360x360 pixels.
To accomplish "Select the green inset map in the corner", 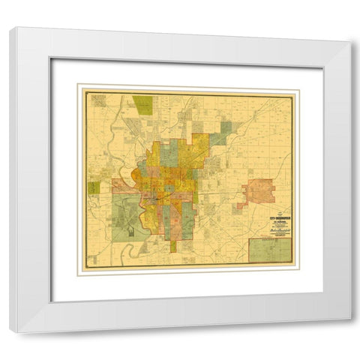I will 270,249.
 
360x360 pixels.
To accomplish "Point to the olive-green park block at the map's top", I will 142,104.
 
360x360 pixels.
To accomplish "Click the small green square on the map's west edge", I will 94,187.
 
